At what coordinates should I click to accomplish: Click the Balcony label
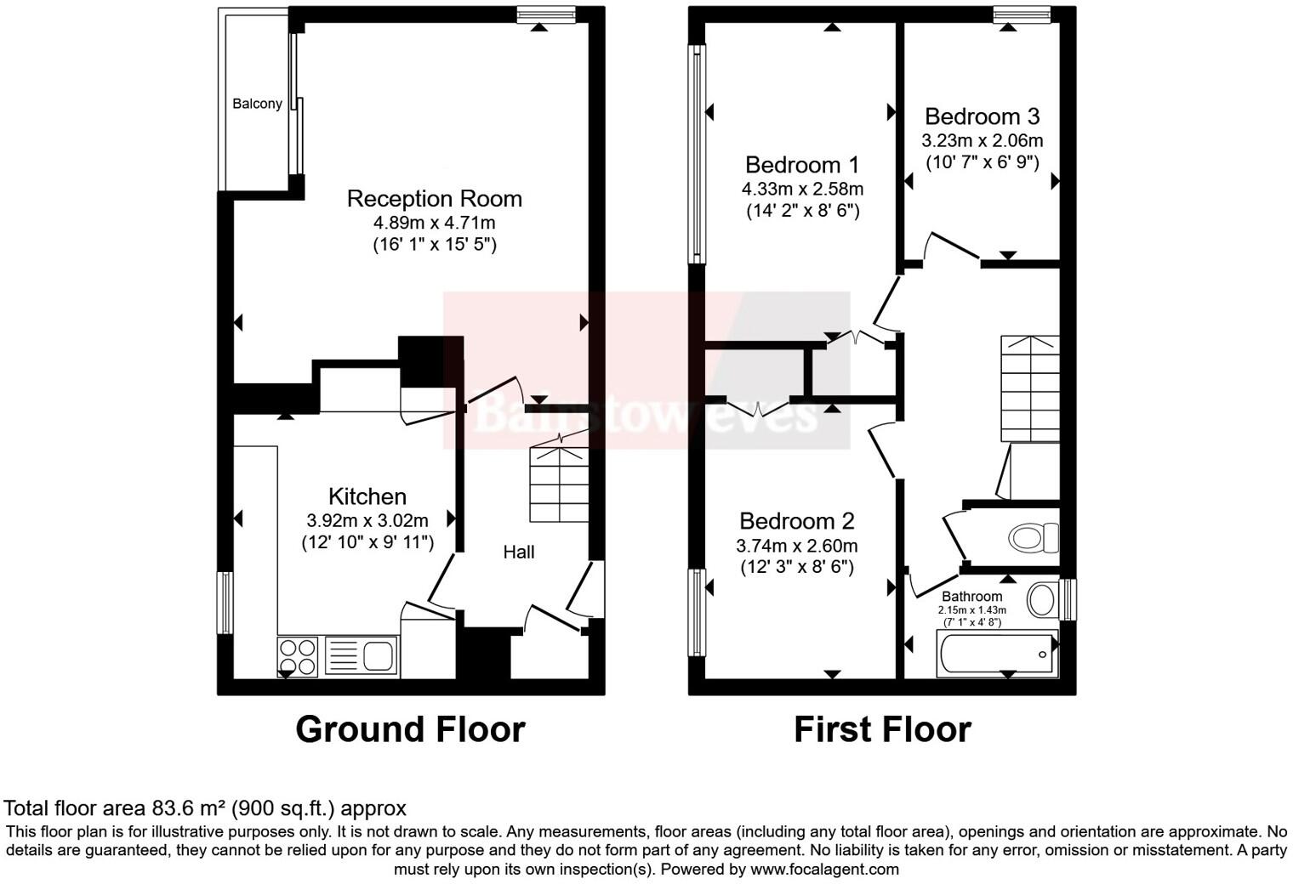257,104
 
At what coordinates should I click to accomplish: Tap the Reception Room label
434,199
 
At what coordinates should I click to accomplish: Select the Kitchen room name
367,496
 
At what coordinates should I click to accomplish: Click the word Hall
519,552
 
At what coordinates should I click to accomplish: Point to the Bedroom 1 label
802,165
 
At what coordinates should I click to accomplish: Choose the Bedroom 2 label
797,521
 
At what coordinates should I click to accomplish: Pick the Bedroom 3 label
982,116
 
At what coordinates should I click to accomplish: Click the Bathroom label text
971,597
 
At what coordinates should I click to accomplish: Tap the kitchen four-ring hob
298,657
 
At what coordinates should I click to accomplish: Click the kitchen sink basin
378,656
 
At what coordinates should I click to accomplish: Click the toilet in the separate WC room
1033,537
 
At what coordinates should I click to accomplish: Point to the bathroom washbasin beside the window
1041,599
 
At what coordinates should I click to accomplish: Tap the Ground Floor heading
410,729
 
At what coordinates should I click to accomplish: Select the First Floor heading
882,729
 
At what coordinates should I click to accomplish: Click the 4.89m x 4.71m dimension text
434,224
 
